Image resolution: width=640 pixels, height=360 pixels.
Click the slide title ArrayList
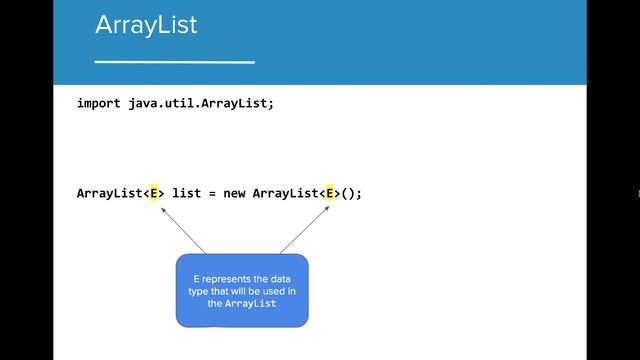click(x=146, y=25)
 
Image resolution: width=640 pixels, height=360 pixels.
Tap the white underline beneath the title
click(x=174, y=62)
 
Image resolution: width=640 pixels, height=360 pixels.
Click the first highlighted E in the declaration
click(x=155, y=193)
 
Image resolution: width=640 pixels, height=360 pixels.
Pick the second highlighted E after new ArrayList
click(x=330, y=193)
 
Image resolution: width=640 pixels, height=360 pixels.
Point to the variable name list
click(x=187, y=193)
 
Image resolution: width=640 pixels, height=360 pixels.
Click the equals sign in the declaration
click(x=213, y=193)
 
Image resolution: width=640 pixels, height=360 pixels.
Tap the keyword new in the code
click(x=235, y=193)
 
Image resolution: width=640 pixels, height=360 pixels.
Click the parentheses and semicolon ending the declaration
click(x=351, y=193)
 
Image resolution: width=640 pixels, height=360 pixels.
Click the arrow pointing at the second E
click(x=305, y=229)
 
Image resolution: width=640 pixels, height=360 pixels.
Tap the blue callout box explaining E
click(x=241, y=290)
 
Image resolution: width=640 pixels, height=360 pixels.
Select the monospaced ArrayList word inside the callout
click(x=250, y=303)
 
